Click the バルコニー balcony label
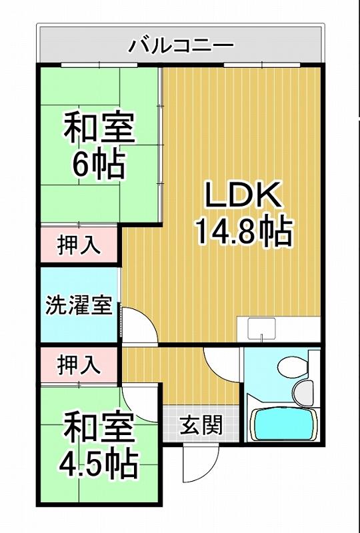click(181, 46)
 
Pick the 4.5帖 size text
click(98, 464)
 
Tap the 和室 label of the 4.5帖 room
click(99, 428)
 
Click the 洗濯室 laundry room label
click(79, 306)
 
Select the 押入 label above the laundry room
click(79, 245)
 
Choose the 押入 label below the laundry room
click(79, 365)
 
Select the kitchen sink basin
click(261, 328)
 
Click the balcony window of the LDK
click(263, 64)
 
